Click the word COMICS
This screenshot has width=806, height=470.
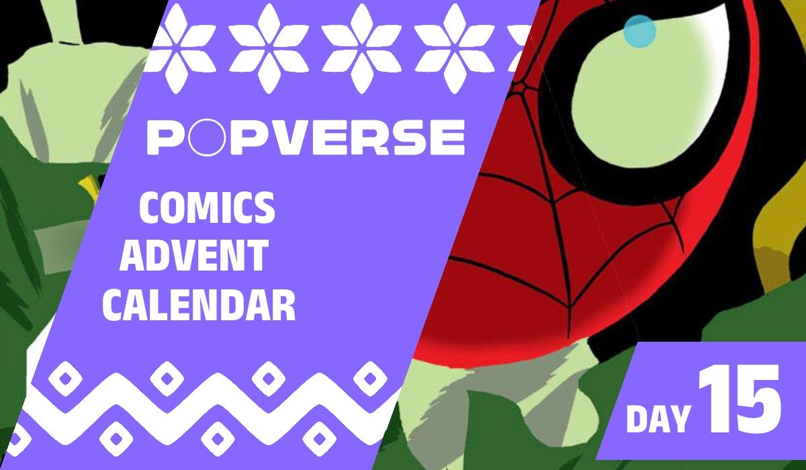[x=207, y=209]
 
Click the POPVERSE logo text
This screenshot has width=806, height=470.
[x=306, y=137]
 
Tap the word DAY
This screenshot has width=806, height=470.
[x=658, y=417]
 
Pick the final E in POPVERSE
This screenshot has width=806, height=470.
[x=446, y=137]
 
